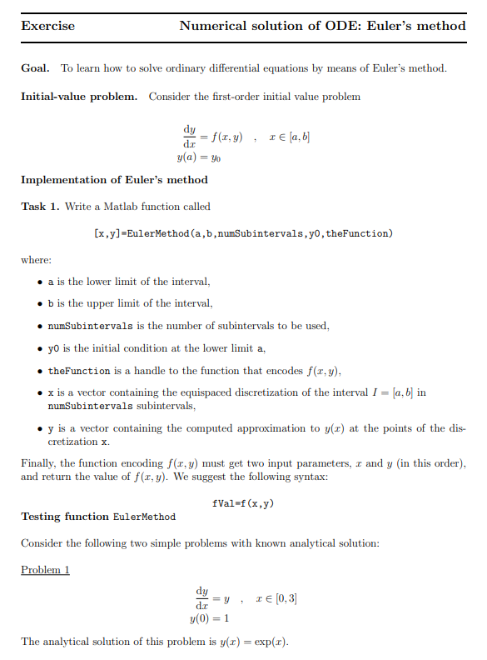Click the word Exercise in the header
47,26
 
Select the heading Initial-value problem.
79,97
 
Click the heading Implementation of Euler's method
114,179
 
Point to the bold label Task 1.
40,206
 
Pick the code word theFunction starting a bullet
79,370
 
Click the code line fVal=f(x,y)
244,504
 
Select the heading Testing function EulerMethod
98,517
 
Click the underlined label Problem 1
45,570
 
